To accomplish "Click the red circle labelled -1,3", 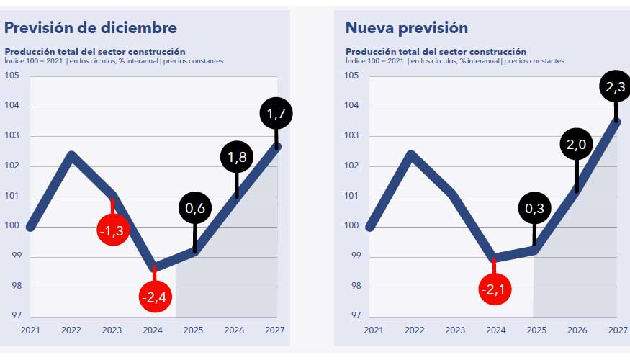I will [x=112, y=230].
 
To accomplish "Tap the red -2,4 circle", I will [x=154, y=296].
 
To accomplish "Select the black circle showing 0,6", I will [x=194, y=208].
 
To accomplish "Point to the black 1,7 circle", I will [x=276, y=113].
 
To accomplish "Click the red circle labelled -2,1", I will [x=495, y=289].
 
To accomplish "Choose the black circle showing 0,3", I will [x=534, y=209].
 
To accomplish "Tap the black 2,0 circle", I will [x=576, y=144].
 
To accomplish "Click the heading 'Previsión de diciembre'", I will [x=91, y=28].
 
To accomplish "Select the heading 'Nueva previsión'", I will [x=407, y=28].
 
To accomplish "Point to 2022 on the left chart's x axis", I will [x=71, y=330].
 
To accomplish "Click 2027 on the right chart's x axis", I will [x=617, y=330].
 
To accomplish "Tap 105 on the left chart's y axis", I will [x=12, y=76].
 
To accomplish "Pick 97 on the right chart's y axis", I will [x=352, y=315].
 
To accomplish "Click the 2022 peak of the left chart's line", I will [x=71, y=154].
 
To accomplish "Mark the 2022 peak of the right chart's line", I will [x=411, y=154].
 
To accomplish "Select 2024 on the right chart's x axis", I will [x=495, y=330].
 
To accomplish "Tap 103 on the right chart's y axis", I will [x=352, y=135].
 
